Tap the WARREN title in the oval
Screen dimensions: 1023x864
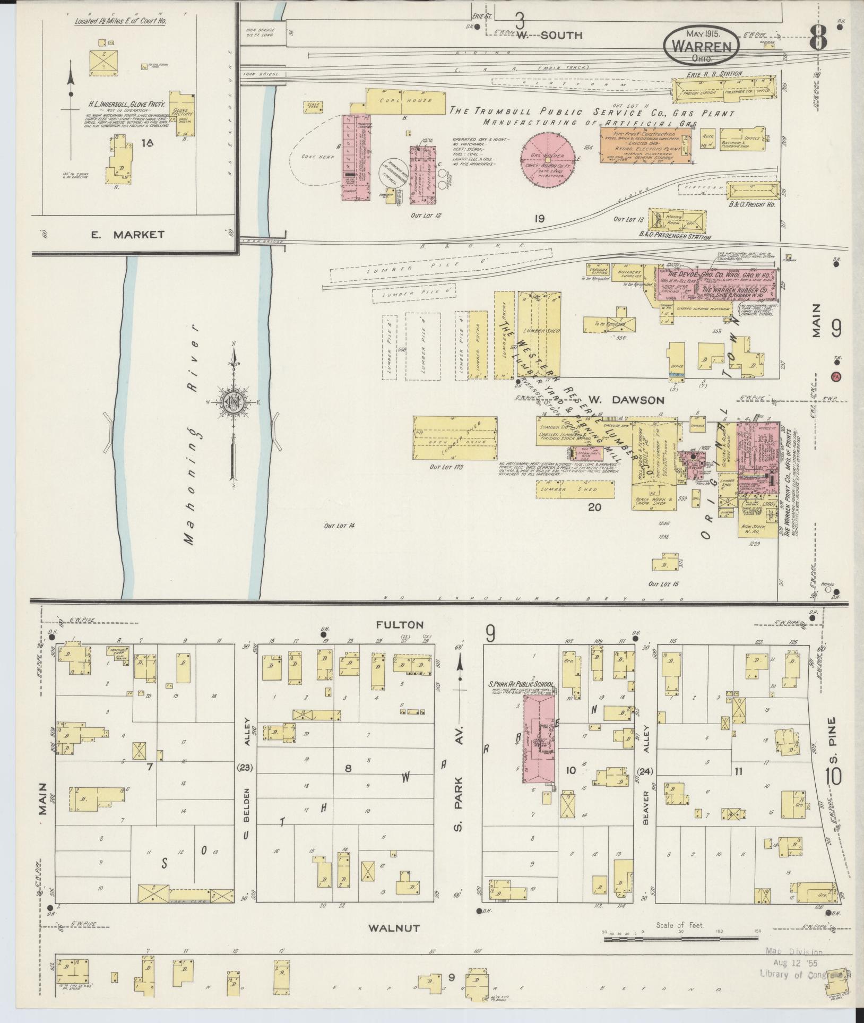point(700,46)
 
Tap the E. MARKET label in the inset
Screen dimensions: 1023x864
point(127,234)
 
